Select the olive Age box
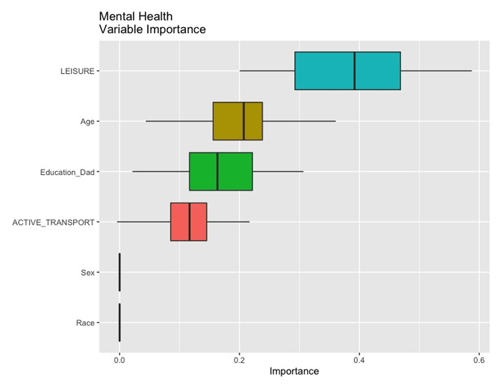coord(228,121)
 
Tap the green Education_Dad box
coord(203,171)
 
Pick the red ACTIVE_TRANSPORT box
coord(180,222)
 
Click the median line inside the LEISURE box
coord(354,71)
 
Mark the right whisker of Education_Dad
coord(278,171)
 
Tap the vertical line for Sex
coord(120,272)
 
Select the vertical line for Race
coord(120,322)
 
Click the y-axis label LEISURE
coord(77,71)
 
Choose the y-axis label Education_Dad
coord(67,172)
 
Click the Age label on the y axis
coord(87,122)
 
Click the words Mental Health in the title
coord(136,17)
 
